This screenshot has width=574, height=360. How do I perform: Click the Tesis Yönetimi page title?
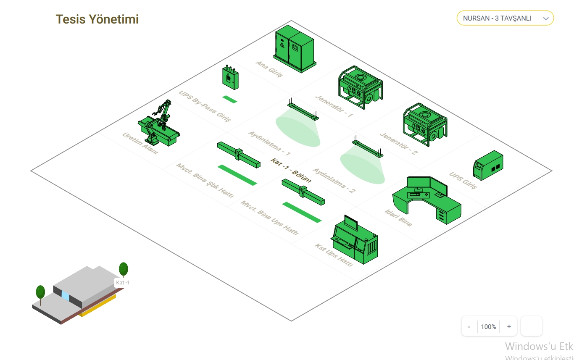pos(97,19)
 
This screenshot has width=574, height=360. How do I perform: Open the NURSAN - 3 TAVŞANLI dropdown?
pos(505,18)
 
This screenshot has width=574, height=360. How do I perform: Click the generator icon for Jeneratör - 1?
pos(360,87)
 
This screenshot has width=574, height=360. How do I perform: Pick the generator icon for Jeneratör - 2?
pos(425,124)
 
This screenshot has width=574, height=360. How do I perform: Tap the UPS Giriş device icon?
pos(488,166)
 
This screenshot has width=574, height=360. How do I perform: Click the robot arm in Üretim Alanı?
pos(159,125)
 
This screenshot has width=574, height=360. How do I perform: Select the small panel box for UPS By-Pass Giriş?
pos(230,78)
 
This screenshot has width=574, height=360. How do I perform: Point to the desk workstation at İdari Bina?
pos(427,199)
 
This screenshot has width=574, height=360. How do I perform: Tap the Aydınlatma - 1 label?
pos(269,144)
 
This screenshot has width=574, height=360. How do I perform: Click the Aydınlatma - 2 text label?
pos(334,181)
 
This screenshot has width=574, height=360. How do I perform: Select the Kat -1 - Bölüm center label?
pos(291,170)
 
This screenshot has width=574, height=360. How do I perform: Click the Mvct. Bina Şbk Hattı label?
pos(205,181)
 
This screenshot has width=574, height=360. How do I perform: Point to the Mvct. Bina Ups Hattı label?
pos(269,218)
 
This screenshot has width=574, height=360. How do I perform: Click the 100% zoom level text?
pos(488,326)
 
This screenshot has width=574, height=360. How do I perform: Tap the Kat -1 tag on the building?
pos(123,283)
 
